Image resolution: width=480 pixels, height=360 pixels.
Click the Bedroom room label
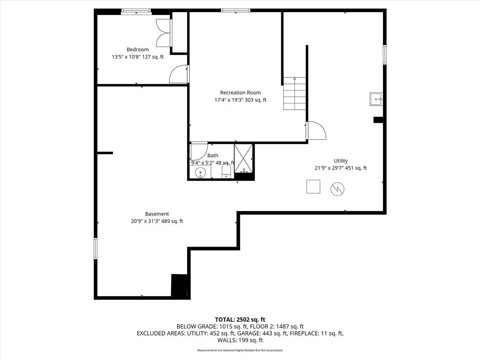click(137, 50)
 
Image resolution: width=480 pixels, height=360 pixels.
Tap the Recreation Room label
click(240, 92)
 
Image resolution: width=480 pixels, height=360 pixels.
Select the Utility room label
click(341, 161)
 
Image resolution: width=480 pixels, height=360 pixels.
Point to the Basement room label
click(157, 214)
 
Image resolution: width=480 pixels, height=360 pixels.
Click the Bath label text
click(213, 156)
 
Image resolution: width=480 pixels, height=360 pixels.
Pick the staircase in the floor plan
click(294, 93)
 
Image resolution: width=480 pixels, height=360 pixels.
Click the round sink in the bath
click(201, 172)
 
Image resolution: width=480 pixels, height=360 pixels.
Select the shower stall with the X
click(243, 158)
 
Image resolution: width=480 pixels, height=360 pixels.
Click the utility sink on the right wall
click(376, 99)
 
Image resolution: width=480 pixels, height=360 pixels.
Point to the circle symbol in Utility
click(337, 189)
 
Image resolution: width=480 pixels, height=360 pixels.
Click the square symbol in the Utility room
click(313, 187)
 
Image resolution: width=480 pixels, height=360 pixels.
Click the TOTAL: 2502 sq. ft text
click(240, 320)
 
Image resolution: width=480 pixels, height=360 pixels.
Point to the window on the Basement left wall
click(96, 248)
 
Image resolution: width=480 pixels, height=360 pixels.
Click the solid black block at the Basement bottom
click(179, 285)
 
